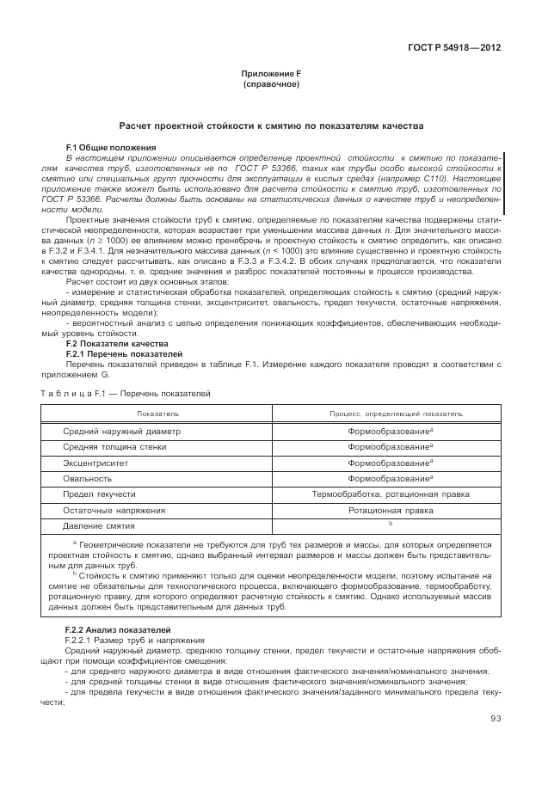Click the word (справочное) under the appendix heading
click(270, 86)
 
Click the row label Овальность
click(88, 478)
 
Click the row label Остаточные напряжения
click(114, 510)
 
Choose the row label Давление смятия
click(99, 525)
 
